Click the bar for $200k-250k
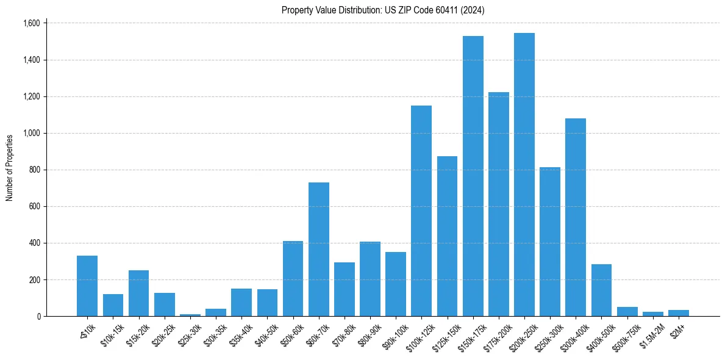click(524, 175)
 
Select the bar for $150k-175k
click(473, 176)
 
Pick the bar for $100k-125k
click(421, 211)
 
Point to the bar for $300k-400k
click(576, 217)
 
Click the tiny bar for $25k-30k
click(190, 315)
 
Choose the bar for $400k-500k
click(601, 290)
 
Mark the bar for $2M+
click(678, 313)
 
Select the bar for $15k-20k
click(139, 293)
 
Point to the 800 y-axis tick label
click(35, 170)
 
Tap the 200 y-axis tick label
click(35, 279)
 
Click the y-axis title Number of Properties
click(10, 168)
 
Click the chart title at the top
click(383, 10)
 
